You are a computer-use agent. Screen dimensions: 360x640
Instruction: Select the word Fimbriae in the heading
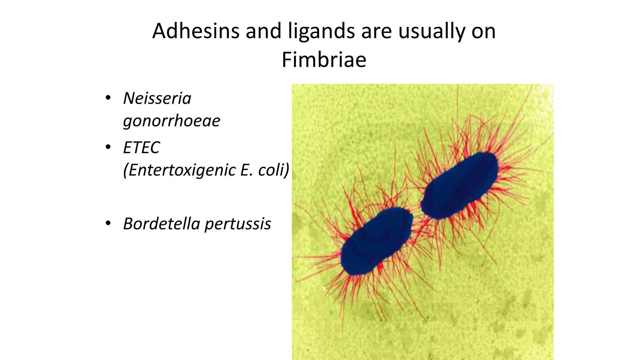click(324, 60)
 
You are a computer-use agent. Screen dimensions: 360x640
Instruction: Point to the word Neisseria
click(157, 98)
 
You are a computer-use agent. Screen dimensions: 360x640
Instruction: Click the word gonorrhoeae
click(172, 121)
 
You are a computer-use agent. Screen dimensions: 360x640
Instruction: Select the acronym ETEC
click(142, 147)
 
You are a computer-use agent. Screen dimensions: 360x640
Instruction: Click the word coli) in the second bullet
click(274, 170)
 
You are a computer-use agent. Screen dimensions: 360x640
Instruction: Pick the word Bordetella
click(162, 224)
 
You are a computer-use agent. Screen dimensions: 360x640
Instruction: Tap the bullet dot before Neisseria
click(108, 98)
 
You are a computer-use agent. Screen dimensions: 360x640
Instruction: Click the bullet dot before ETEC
click(108, 147)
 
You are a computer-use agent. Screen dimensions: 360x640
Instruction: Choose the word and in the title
click(263, 31)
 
